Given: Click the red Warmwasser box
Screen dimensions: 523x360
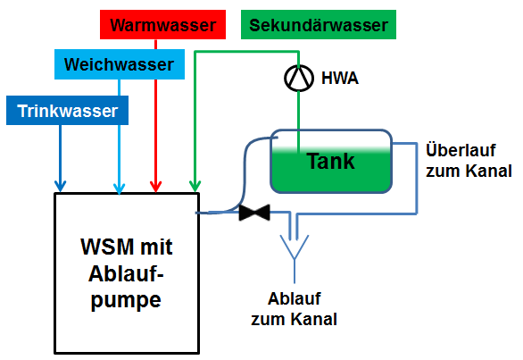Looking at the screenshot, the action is coord(162,24).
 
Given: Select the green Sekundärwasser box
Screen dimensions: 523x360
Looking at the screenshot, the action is coord(319,24).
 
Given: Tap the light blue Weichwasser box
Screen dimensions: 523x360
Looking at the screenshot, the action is coord(120,64).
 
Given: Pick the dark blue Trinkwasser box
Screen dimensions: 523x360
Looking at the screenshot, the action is coord(67,110).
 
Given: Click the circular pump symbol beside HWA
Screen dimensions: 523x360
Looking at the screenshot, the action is coord(299,78).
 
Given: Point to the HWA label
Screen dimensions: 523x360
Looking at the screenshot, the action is coord(340,78).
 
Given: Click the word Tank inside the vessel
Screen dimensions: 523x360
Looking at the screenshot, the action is coord(330,162).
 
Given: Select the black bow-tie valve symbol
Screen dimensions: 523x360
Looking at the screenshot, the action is coord(254,213).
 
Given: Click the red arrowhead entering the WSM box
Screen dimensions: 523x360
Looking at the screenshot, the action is coord(156,187).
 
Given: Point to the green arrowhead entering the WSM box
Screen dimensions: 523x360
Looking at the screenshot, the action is coord(195,187).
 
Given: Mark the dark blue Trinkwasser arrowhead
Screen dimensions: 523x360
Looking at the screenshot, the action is coord(60,187).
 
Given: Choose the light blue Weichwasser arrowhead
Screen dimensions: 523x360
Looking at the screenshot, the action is coord(119,188).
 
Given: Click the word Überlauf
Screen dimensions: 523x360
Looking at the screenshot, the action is coord(461,150).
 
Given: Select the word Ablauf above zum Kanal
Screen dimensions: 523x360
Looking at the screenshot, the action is coord(295,298).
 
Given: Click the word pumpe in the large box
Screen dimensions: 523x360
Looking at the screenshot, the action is coord(126,301).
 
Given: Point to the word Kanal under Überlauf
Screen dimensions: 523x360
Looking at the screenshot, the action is coord(489,171).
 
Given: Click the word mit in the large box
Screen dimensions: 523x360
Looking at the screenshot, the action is coord(156,247).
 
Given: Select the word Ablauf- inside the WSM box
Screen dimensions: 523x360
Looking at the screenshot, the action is coord(126,274).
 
